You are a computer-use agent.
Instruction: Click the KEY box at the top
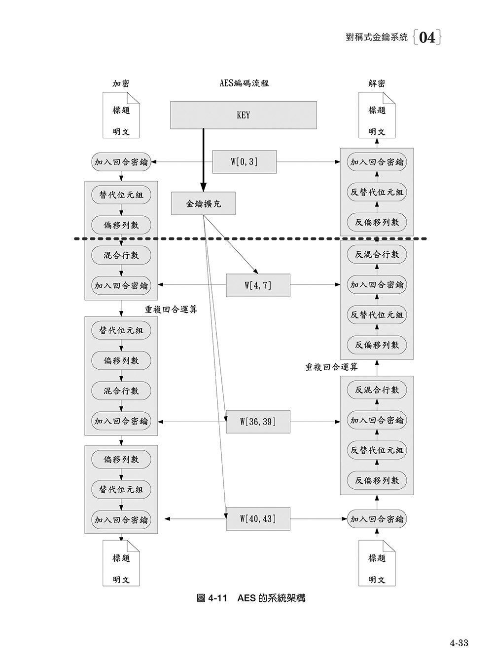[244, 115]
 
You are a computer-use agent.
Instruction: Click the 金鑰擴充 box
[203, 203]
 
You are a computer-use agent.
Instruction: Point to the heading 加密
[121, 83]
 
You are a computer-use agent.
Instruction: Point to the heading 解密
[377, 83]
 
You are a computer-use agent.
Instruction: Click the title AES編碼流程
[244, 83]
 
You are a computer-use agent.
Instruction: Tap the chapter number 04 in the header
[427, 38]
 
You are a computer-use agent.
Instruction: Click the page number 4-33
[458, 642]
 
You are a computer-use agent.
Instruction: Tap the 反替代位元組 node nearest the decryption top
[377, 192]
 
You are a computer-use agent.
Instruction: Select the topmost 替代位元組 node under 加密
[121, 195]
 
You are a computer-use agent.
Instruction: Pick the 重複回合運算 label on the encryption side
[171, 310]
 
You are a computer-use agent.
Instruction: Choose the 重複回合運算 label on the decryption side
[331, 367]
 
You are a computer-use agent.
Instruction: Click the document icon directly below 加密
[121, 116]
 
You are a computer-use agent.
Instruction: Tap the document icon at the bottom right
[377, 563]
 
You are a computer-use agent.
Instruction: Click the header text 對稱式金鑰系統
[377, 38]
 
